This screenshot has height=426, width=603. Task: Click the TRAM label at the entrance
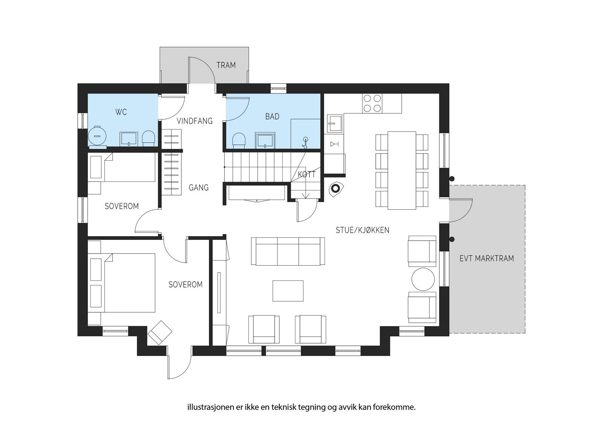pyautogui.click(x=226, y=65)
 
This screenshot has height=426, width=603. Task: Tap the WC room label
pyautogui.click(x=121, y=112)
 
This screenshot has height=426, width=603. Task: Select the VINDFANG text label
pyautogui.click(x=194, y=121)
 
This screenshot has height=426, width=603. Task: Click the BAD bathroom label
pyautogui.click(x=272, y=116)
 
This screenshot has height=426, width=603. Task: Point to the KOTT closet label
pyautogui.click(x=306, y=174)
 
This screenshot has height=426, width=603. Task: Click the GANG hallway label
pyautogui.click(x=199, y=188)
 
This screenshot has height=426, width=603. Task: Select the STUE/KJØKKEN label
pyautogui.click(x=363, y=230)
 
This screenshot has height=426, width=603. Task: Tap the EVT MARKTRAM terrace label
pyautogui.click(x=487, y=258)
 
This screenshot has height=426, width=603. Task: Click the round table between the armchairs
pyautogui.click(x=423, y=279)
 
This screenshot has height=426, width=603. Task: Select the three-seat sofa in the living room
pyautogui.click(x=288, y=252)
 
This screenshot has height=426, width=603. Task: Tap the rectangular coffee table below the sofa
pyautogui.click(x=288, y=291)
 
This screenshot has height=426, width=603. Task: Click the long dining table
pyautogui.click(x=402, y=170)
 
